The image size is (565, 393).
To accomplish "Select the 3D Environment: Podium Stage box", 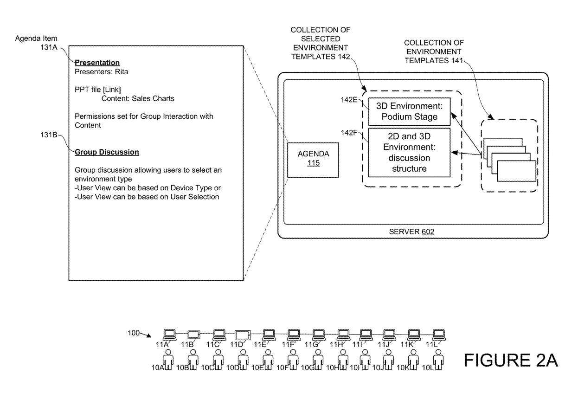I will [x=409, y=112].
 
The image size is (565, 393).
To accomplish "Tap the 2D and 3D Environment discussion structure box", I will [x=409, y=152].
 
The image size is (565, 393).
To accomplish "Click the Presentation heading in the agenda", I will [x=97, y=63].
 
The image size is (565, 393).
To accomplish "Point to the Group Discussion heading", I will [x=107, y=152].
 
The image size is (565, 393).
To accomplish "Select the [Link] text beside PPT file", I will [x=111, y=90].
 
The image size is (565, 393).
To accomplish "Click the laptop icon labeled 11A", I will [x=170, y=334].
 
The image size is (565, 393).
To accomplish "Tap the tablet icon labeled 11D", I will [x=242, y=335].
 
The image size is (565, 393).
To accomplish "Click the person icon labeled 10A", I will [x=168, y=360].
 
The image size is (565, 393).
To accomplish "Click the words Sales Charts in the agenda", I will [x=145, y=98].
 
